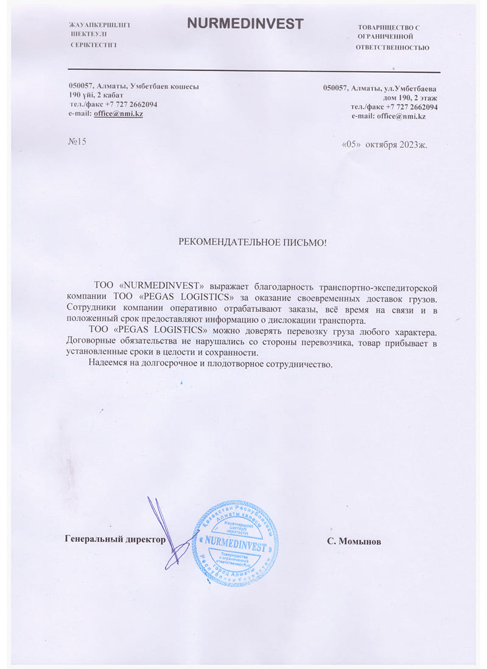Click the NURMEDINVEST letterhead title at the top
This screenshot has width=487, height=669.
tap(245, 24)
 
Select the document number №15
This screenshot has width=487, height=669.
tap(78, 142)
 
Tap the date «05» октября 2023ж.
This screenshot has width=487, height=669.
tap(386, 145)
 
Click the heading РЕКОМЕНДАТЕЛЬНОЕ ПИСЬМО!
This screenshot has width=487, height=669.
tap(252, 243)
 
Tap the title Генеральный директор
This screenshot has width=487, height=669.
tap(115, 539)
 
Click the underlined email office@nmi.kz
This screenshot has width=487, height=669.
tap(118, 114)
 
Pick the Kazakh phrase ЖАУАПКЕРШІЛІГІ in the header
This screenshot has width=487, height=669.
tap(100, 24)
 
